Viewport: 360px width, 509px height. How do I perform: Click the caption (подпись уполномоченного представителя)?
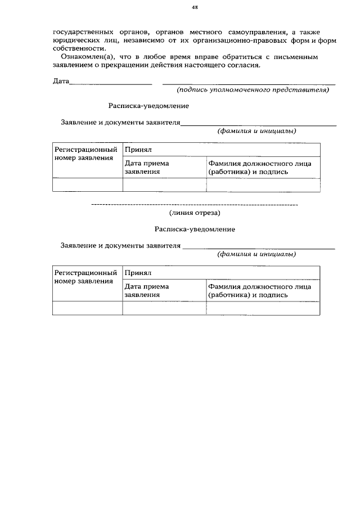tap(252, 90)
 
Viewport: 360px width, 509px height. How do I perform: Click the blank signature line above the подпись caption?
tap(249, 84)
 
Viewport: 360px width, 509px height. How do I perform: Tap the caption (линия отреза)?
tap(195, 213)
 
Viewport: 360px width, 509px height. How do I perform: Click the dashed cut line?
tap(194, 204)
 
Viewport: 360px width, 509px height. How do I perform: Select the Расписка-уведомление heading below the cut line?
tap(195, 229)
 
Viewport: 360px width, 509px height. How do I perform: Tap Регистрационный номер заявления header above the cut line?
tap(87, 154)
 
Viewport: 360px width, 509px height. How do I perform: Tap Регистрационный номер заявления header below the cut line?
tap(87, 277)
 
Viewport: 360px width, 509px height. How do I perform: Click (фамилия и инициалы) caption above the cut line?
tap(257, 131)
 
